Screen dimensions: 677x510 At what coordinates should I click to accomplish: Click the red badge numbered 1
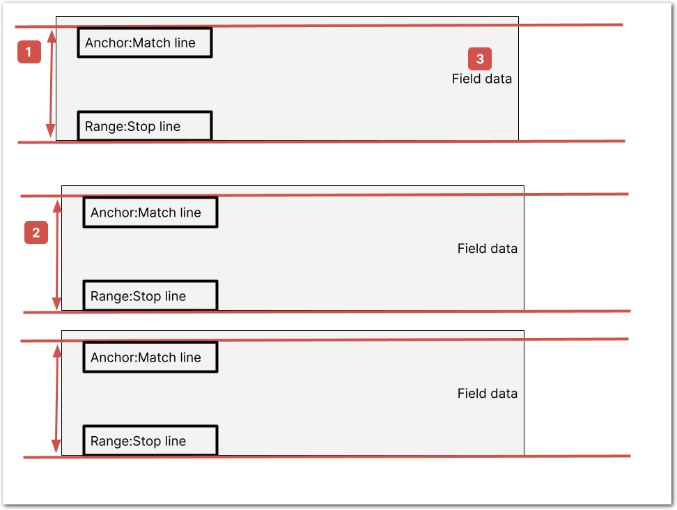coord(29,52)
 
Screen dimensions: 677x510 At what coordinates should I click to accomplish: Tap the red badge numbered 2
coord(36,232)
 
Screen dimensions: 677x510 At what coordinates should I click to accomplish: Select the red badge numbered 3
coord(480,59)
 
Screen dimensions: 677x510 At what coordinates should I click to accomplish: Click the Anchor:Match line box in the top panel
coord(145,42)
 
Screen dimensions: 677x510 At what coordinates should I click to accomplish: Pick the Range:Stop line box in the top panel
coord(145,126)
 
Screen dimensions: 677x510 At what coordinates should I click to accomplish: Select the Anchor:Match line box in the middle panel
coord(150,212)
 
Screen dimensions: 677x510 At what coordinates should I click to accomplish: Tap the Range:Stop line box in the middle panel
coord(150,296)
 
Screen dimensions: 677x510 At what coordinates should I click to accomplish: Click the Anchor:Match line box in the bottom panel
coord(150,357)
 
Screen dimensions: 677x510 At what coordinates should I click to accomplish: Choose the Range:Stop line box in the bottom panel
coord(150,441)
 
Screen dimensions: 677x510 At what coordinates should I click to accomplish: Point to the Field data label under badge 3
coord(482,79)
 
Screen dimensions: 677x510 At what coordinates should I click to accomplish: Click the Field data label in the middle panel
coord(488,248)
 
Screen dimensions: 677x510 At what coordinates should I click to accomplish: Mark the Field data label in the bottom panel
coord(488,394)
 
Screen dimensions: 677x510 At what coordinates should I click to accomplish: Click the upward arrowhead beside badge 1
coord(52,36)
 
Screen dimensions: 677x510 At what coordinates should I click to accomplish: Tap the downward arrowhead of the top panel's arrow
coord(51,131)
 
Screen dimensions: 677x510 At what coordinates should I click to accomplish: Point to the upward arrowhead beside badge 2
coord(57,206)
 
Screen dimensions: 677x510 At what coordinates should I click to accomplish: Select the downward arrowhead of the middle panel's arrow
coord(56,304)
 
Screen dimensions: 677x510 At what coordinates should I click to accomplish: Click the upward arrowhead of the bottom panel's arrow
coord(57,352)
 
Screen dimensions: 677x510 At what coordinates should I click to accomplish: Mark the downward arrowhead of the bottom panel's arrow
coord(56,447)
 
